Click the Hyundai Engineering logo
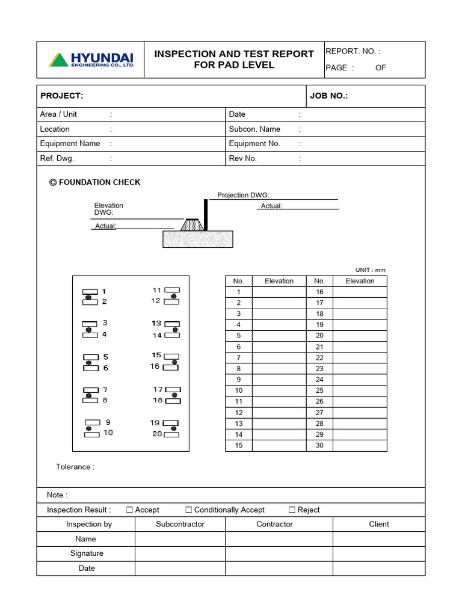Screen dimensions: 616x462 click(91, 60)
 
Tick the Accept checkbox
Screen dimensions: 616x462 click(129, 510)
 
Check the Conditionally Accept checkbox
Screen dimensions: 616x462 click(189, 510)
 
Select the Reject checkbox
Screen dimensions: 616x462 click(292, 510)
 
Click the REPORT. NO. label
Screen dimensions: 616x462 click(353, 52)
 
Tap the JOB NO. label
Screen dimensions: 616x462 click(328, 96)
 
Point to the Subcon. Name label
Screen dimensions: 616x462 click(254, 129)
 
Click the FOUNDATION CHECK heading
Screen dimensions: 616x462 click(95, 182)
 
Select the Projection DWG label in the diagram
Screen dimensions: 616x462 click(243, 195)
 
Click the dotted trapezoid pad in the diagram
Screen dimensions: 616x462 click(192, 224)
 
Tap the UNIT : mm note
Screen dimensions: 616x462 click(371, 270)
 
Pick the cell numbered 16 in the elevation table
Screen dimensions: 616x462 click(319, 292)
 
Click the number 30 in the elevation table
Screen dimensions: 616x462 click(319, 445)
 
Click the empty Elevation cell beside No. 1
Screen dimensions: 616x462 click(279, 292)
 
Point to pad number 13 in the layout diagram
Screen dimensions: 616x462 click(171, 324)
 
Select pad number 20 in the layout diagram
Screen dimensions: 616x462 click(171, 434)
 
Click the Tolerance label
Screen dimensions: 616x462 click(75, 467)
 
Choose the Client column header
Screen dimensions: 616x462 click(379, 524)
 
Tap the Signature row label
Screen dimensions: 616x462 click(87, 553)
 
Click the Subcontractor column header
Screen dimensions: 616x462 click(180, 524)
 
